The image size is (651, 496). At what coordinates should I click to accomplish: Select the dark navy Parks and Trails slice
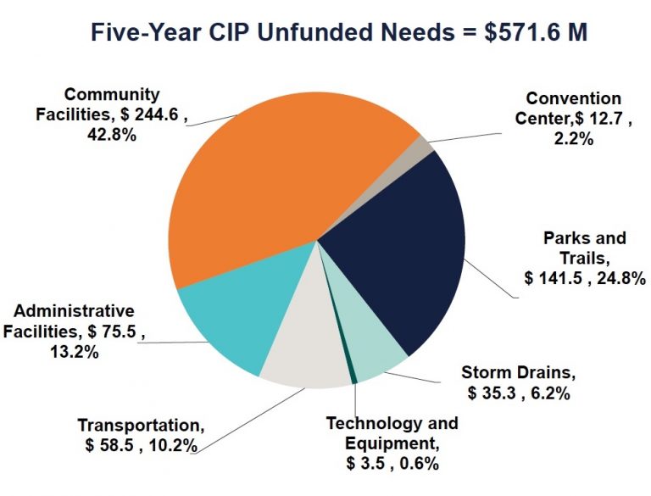398,246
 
